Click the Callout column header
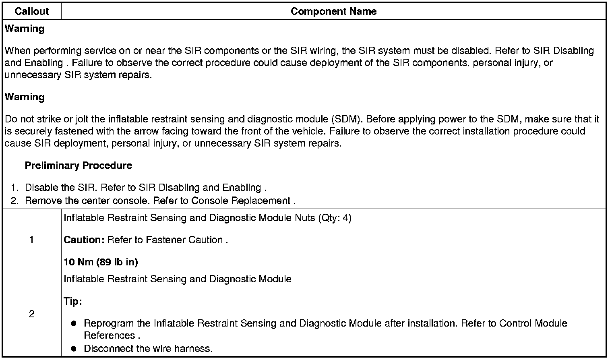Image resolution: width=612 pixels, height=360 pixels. pos(31,11)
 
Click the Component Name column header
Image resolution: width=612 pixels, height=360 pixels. pos(333,11)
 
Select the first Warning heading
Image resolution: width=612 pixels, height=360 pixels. pos(25,29)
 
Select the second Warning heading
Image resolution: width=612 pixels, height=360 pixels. pos(25,97)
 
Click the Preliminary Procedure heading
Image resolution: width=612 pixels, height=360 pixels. pos(78,166)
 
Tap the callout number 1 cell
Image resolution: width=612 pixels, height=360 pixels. pos(31,240)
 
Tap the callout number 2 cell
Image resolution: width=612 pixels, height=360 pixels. pos(31,314)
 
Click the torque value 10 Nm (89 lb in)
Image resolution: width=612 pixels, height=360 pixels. pos(101,262)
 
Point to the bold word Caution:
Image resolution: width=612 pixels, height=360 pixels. pos(84,240)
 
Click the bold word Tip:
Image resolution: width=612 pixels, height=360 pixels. pos(73,301)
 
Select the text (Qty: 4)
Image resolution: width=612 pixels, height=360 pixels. pos(335,218)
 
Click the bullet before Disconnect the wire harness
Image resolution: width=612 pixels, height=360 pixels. pos(73,348)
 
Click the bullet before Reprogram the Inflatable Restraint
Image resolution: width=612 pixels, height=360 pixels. pos(73,324)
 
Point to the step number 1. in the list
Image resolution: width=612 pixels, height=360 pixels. pos(15,188)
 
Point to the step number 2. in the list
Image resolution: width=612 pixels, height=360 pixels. pos(15,201)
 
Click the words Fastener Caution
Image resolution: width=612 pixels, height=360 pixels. pos(184,240)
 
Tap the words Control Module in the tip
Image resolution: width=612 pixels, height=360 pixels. pos(533,323)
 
